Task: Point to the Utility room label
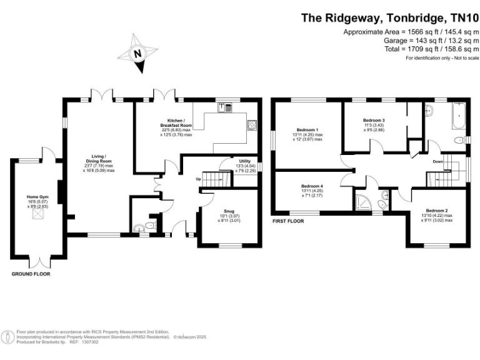244,161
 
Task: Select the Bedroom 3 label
374,120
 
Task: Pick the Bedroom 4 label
312,186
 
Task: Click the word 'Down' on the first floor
439,162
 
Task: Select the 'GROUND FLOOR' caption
31,274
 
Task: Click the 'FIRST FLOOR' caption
287,221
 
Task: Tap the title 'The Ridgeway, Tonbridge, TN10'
390,17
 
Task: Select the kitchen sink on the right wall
252,125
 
